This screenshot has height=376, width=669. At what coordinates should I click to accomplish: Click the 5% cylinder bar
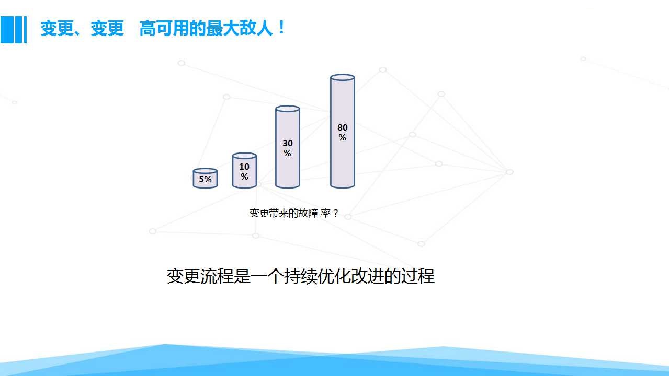click(205, 178)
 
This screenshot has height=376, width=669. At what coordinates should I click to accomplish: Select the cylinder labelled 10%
click(244, 170)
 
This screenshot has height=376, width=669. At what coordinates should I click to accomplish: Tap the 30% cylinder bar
click(287, 147)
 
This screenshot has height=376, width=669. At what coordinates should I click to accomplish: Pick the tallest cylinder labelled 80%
click(343, 131)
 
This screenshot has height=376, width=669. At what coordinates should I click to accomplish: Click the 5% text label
click(205, 179)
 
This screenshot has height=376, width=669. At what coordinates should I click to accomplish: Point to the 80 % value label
click(343, 133)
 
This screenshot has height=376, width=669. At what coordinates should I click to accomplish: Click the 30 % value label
click(288, 148)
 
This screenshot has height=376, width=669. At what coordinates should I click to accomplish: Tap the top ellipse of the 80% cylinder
click(343, 77)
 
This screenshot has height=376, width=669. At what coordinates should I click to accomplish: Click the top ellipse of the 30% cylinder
click(287, 109)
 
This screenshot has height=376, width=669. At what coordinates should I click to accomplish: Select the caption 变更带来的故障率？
click(294, 213)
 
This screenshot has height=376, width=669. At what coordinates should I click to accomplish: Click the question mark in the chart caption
click(335, 214)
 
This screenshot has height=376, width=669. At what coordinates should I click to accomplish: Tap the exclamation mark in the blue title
click(281, 28)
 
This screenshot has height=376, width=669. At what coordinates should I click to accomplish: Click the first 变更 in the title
click(57, 29)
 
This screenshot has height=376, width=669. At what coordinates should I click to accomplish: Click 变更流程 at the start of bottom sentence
click(200, 276)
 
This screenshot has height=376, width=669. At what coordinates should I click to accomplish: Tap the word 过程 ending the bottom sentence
click(418, 276)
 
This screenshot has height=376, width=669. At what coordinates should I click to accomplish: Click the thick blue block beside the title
click(7, 30)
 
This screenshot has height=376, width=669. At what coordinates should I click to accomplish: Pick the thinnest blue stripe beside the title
click(26, 30)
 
